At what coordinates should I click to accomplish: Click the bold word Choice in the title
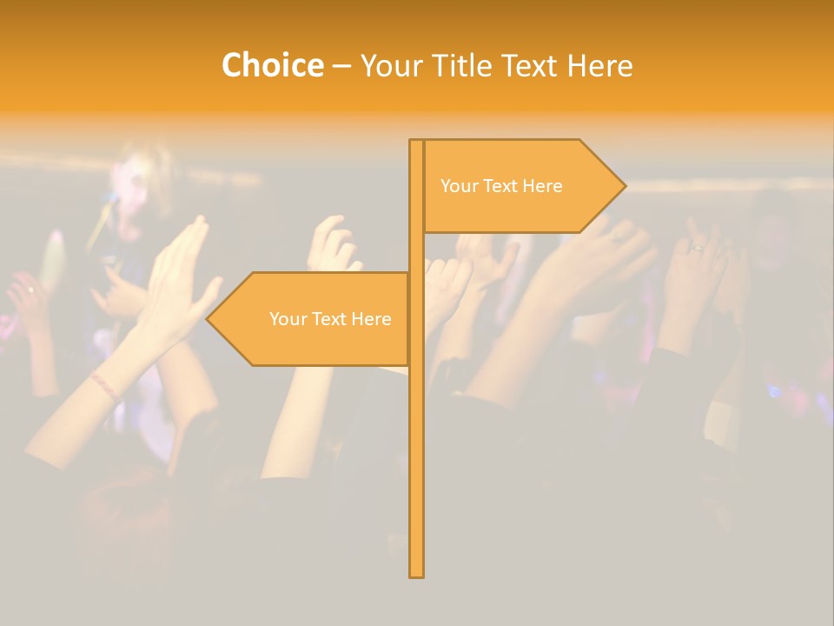click(272, 66)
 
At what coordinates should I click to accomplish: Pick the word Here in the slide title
click(600, 66)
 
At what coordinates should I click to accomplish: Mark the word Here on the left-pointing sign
click(371, 319)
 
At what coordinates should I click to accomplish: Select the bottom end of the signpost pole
click(417, 575)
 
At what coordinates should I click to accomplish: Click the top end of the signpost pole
click(417, 142)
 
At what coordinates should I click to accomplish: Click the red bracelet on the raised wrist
click(104, 385)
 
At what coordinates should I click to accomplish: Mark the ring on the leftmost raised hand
click(31, 289)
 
